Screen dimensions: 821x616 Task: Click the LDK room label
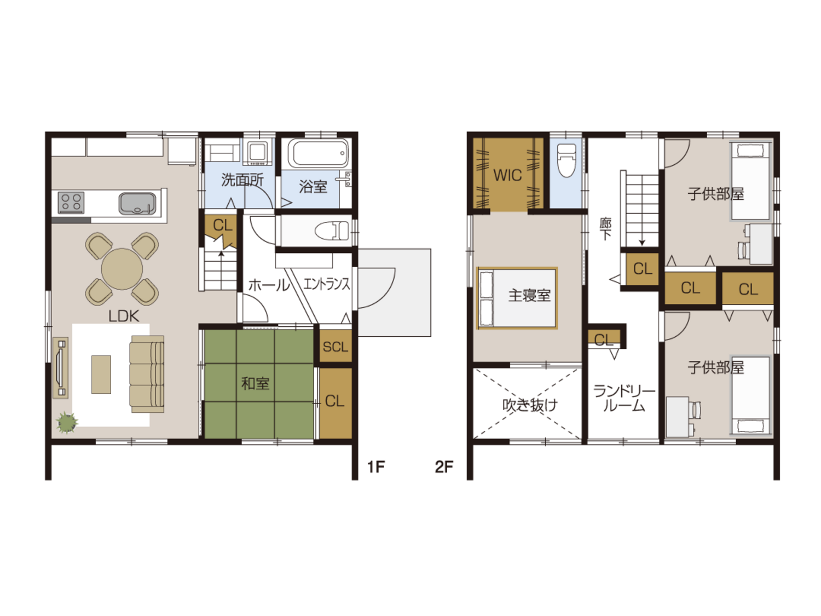(124, 316)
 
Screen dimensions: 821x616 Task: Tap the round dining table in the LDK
(122, 269)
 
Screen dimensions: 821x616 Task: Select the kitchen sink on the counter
(137, 204)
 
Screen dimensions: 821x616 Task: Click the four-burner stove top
(71, 203)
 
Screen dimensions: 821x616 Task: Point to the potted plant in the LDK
(67, 423)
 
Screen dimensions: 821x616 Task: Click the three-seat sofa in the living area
(147, 374)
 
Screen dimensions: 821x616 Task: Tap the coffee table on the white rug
(101, 375)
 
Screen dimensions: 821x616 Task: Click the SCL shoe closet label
(336, 347)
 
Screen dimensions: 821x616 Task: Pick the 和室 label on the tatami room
(255, 383)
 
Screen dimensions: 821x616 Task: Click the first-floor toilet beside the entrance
(332, 231)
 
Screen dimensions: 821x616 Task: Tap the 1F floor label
(376, 467)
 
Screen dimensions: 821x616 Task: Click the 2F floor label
(444, 467)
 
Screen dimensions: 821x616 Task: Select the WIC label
(507, 175)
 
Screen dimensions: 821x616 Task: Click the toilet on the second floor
(566, 160)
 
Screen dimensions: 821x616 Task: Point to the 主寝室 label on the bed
(529, 296)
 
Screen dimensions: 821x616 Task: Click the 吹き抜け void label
(530, 405)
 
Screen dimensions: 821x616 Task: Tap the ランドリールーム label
(625, 399)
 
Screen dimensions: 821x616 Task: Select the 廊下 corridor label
(605, 229)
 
